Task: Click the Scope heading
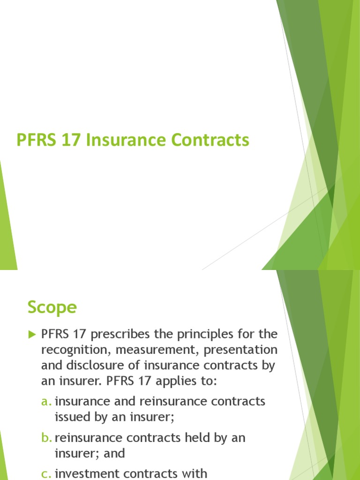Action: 52,307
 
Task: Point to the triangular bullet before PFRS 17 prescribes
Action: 32,335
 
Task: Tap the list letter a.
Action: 46,402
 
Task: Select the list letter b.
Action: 46,438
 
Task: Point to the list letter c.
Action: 46,474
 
